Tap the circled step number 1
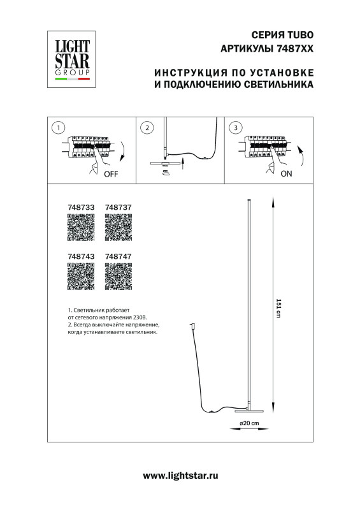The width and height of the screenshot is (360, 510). click(59, 128)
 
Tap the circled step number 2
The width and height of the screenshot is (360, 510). click(147, 128)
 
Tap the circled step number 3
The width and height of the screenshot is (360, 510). click(237, 128)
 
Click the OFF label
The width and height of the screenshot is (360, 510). click(112, 173)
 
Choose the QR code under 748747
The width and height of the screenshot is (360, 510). click(118, 276)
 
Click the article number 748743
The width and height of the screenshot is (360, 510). click(80, 256)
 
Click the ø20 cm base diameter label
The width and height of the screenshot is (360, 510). click(249, 424)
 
